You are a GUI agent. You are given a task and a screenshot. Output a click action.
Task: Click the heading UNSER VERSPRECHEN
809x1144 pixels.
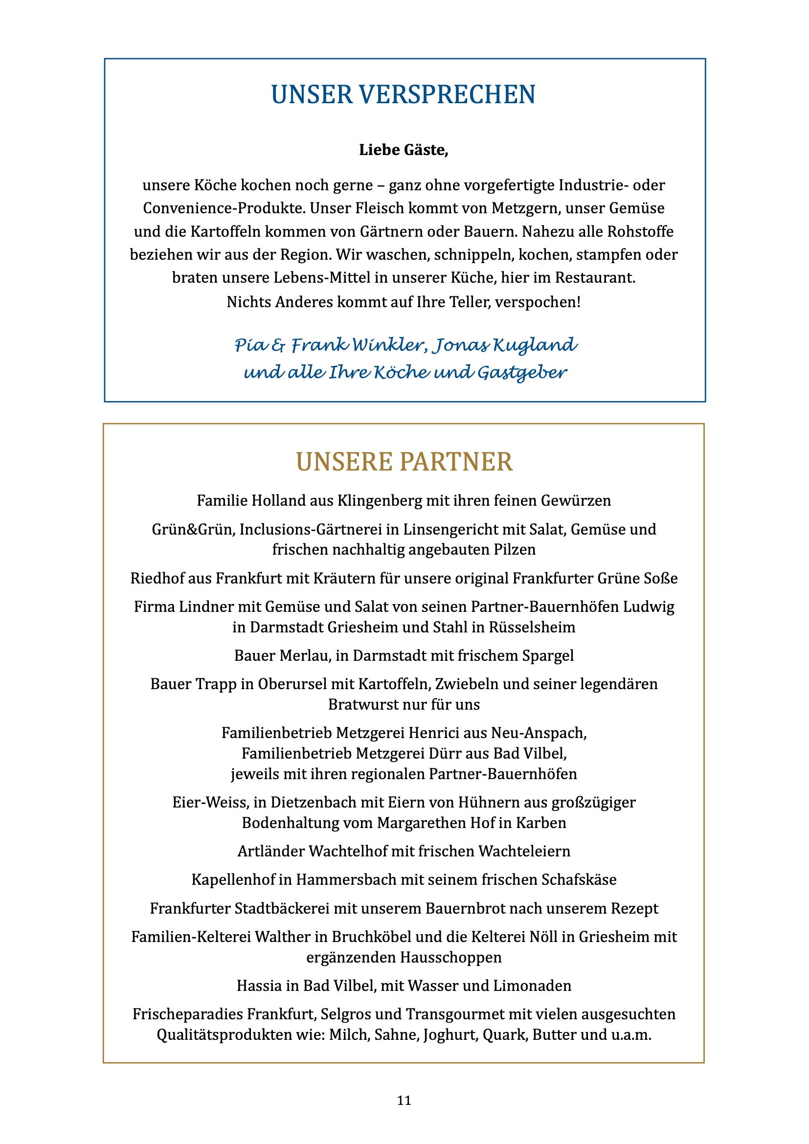coord(403,95)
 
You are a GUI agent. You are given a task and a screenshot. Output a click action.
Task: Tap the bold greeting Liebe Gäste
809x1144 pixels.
coord(404,150)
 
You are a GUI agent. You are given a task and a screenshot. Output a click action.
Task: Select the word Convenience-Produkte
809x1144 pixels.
coord(224,208)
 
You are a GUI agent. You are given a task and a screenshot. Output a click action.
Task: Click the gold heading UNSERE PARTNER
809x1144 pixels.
coord(404,461)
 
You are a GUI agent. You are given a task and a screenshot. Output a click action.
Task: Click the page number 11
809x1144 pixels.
coord(404,1100)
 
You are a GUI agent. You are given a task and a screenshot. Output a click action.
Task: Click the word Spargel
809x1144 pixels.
coord(548,655)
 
